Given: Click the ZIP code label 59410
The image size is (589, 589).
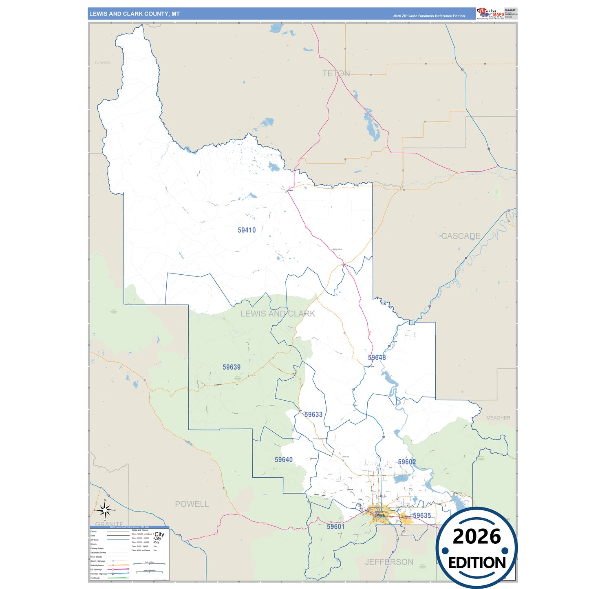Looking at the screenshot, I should coord(247,230).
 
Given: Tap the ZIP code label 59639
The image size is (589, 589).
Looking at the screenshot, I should coord(232,367).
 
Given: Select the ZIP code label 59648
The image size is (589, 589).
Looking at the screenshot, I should coord(377,357).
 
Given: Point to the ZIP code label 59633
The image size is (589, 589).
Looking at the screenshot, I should coord(313,415).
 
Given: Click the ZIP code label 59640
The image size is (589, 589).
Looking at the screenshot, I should coord(284,460).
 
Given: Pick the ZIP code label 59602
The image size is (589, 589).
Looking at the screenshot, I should coord(407,462).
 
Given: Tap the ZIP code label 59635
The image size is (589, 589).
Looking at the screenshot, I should coord(422,516).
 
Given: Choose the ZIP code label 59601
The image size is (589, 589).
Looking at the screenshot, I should coord(335,527).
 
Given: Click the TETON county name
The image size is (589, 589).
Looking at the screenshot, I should coord(336,73).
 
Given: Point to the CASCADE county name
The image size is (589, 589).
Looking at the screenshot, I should coord(461,236).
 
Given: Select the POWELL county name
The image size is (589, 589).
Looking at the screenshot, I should coord(192,504).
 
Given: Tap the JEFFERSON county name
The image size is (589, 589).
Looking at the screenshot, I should coord(389,562).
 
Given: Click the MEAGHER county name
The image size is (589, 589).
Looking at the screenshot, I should coord(498,418).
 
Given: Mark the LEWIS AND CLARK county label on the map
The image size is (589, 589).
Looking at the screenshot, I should coord(278,314).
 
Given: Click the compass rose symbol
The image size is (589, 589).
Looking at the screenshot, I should coord(105,510).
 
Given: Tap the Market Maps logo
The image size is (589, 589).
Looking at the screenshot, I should coord(490,13).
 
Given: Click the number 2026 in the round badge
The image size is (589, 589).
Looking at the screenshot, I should coord(476,536).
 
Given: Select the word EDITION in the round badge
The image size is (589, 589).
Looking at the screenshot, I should coord(477,563).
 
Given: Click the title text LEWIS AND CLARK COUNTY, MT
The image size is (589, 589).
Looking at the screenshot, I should coord(135,14).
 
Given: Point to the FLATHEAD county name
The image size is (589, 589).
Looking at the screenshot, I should coord(102,63).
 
